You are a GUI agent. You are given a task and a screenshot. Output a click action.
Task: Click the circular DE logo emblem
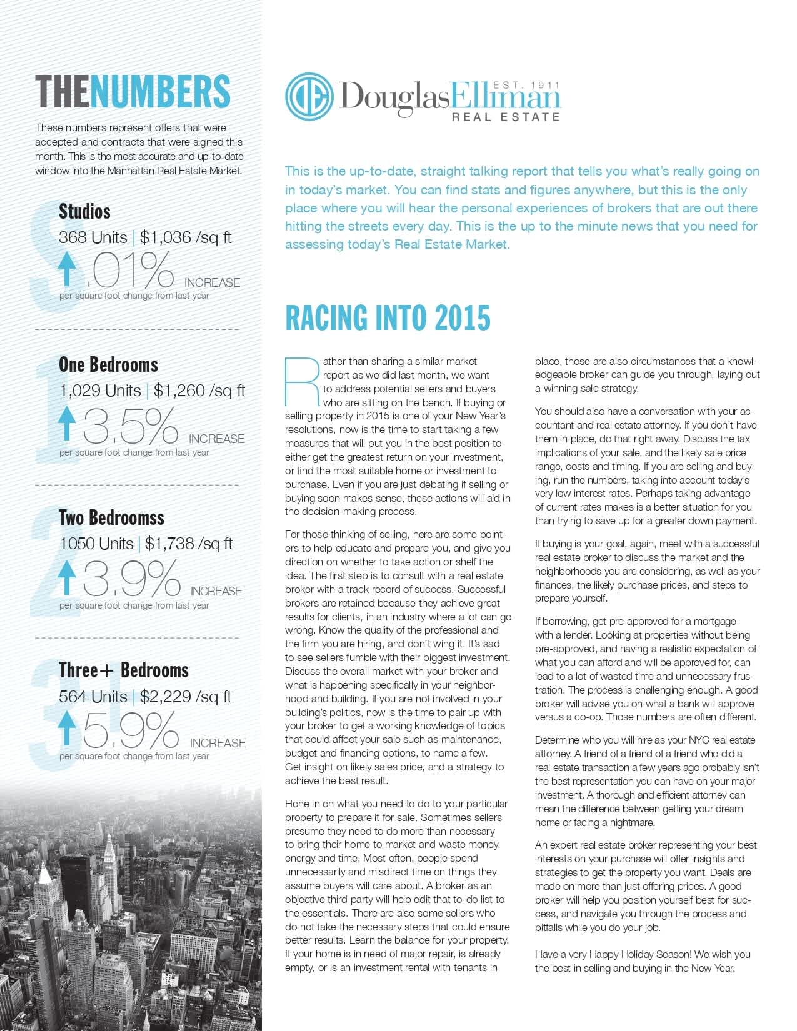tap(309, 97)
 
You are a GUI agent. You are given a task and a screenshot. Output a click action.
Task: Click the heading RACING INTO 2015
tap(388, 317)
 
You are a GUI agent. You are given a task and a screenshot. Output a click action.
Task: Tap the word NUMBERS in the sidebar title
tap(160, 91)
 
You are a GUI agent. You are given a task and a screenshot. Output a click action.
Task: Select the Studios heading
tap(84, 211)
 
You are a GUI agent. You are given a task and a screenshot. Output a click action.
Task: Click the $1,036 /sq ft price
tap(186, 237)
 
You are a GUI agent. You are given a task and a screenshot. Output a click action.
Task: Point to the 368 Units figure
tap(93, 237)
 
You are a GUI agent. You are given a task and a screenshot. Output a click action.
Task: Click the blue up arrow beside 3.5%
tap(66, 423)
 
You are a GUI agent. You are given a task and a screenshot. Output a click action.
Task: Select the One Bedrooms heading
tap(108, 364)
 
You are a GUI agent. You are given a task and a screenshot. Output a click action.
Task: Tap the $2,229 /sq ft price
tap(186, 697)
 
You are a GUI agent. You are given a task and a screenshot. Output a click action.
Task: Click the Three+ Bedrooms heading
tap(124, 670)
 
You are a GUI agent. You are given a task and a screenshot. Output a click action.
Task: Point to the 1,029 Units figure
tap(100, 391)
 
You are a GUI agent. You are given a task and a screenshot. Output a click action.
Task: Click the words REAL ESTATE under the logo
tap(506, 117)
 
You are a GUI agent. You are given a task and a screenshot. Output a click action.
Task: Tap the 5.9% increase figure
tap(131, 730)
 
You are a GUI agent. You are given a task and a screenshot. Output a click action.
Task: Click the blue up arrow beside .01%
tap(66, 269)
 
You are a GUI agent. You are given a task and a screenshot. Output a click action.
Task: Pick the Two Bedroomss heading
tap(111, 517)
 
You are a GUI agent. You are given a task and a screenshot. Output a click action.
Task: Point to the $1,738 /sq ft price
tap(188, 544)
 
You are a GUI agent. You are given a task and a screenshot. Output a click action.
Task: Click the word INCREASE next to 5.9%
tap(218, 743)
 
